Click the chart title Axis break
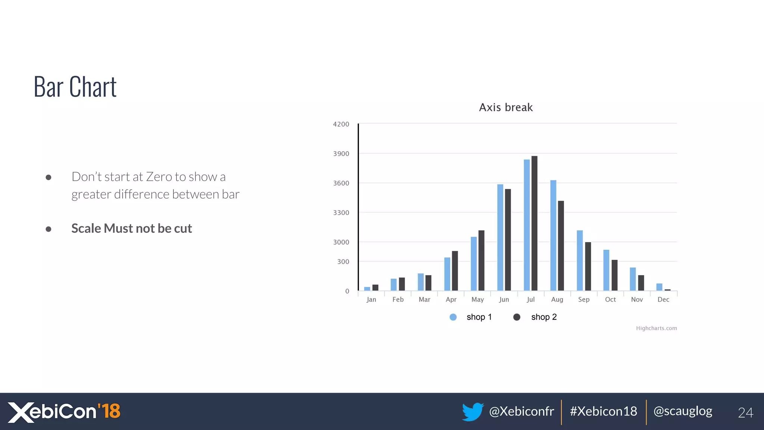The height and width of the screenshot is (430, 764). click(505, 107)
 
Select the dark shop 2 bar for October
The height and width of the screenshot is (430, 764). click(614, 275)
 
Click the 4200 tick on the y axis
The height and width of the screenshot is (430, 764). click(341, 124)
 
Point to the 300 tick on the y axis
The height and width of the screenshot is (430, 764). click(343, 262)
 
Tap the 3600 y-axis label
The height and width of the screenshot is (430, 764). click(341, 183)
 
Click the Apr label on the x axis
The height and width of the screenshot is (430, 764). click(451, 299)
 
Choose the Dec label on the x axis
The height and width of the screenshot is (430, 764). click(663, 299)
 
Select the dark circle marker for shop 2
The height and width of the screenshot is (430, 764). click(517, 317)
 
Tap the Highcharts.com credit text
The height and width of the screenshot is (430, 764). click(656, 328)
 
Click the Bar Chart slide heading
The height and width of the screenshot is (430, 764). click(75, 87)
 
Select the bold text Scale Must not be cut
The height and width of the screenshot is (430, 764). click(131, 228)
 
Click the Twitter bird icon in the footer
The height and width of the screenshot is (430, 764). click(472, 412)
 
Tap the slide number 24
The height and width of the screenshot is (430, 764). click(745, 412)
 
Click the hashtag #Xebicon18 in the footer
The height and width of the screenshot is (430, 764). click(603, 411)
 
